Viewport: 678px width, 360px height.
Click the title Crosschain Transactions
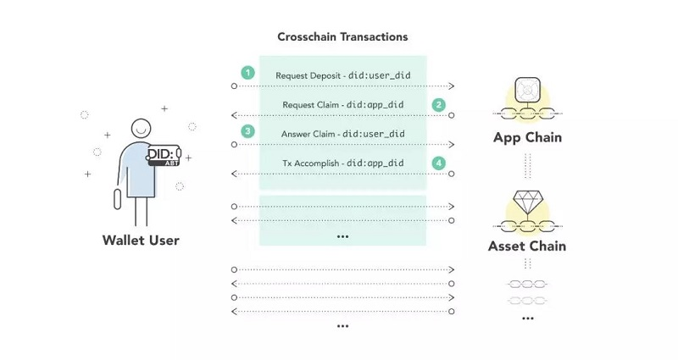pos(342,37)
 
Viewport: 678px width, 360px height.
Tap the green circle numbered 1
pos(247,73)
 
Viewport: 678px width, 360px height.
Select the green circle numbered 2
pos(438,105)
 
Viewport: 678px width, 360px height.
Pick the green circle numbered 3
pos(247,131)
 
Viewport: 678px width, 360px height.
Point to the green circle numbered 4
pos(438,162)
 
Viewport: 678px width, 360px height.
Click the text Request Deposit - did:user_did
pos(342,75)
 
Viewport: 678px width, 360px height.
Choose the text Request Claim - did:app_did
pos(342,105)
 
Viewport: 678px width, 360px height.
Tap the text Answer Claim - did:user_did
pos(342,134)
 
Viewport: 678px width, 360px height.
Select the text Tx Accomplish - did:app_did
pos(342,163)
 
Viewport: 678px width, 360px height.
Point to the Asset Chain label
pos(527,246)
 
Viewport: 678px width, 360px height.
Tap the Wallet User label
pos(141,241)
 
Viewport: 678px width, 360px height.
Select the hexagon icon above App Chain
pos(527,89)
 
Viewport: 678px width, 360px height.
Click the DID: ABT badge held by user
pos(163,155)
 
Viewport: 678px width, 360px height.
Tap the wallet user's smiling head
pos(142,128)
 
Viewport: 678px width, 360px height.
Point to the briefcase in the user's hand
pos(118,200)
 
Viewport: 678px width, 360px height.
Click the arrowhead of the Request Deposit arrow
pos(452,86)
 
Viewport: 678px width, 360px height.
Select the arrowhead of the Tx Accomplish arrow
pos(235,174)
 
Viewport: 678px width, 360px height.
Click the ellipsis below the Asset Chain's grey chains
pos(527,318)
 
